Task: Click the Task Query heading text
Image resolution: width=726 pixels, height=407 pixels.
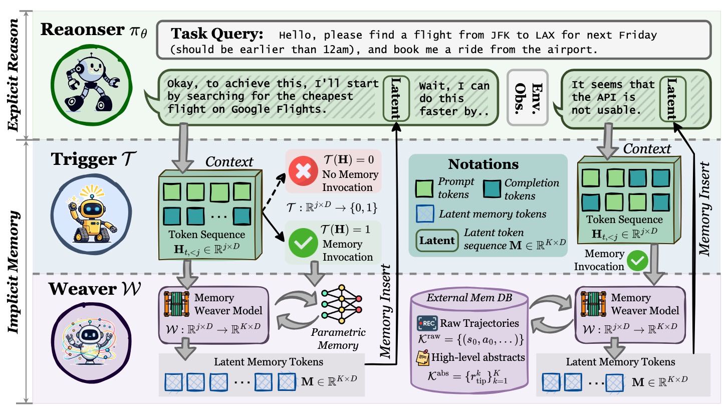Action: tap(216, 35)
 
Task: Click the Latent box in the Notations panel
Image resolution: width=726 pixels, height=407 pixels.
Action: tap(436, 240)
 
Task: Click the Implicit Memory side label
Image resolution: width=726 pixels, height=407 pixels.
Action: tap(15, 270)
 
